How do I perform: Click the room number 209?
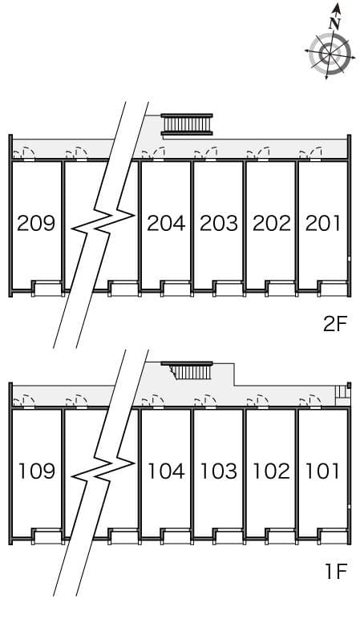(36, 224)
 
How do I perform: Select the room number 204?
(166, 224)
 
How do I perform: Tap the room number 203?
(219, 224)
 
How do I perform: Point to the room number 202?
(272, 224)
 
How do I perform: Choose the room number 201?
(323, 224)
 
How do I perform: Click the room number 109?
(37, 471)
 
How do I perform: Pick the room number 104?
(166, 471)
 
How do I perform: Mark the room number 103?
(219, 471)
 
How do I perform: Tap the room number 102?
(272, 471)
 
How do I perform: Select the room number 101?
(323, 471)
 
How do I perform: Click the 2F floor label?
(334, 324)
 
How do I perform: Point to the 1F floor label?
(336, 572)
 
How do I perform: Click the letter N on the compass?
(334, 24)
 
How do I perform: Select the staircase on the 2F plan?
(187, 124)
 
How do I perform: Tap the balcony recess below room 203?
(229, 289)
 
